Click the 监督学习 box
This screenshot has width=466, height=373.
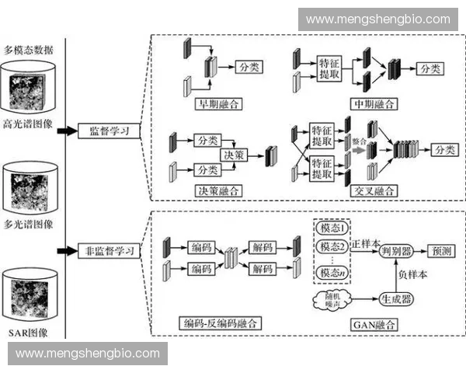pos(109,130)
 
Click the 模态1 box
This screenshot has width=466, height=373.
pos(332,230)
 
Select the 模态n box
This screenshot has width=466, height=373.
pos(332,272)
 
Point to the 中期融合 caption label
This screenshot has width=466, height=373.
pos(374,103)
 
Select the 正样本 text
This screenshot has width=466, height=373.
pos(366,242)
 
